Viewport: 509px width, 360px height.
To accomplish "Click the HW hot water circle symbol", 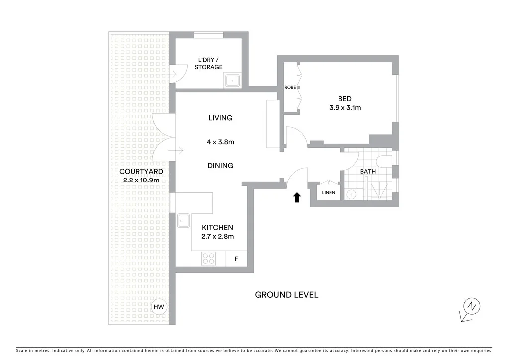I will point(159,307).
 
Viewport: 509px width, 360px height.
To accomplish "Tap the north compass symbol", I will point(470,307).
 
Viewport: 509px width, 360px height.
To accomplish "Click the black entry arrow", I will point(297,197).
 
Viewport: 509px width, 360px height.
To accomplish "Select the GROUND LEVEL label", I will point(286,295).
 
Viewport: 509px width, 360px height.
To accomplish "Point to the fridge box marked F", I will point(236,259).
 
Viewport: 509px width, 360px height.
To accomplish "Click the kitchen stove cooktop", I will point(209,259).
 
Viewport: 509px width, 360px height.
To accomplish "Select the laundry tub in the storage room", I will point(232,80).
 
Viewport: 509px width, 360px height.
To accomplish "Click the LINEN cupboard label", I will point(328,193).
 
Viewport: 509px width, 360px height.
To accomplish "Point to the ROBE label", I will point(290,87).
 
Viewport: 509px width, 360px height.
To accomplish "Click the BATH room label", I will point(368,171).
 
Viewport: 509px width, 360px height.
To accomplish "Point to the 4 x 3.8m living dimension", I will point(220,142).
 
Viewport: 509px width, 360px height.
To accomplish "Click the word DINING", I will point(220,166).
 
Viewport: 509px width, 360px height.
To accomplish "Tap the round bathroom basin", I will point(352,194).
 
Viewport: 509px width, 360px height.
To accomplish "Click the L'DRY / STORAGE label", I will point(208,63).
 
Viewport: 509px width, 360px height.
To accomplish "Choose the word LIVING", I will point(220,118).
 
